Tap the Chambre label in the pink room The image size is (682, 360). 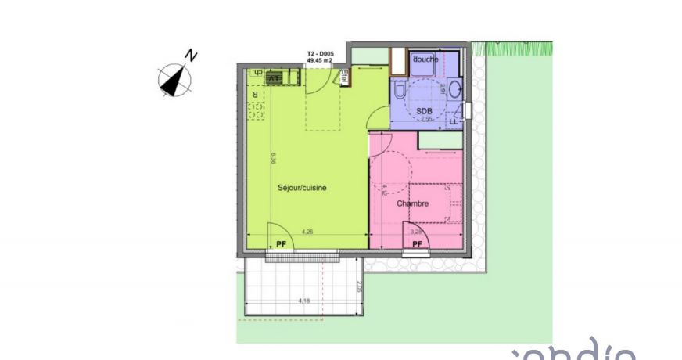pyautogui.click(x=412, y=203)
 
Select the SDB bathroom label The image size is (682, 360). pyautogui.click(x=423, y=110)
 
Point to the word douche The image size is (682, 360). pyautogui.click(x=425, y=59)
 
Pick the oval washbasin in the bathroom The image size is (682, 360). pyautogui.click(x=456, y=92)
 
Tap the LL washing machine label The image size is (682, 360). pyautogui.click(x=453, y=122)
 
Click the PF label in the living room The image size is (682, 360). pyautogui.click(x=281, y=244)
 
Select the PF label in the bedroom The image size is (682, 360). pyautogui.click(x=417, y=244)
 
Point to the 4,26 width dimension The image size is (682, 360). pyautogui.click(x=307, y=232)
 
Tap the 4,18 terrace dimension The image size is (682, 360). pyautogui.click(x=303, y=301)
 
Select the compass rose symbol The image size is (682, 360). pyautogui.click(x=174, y=78)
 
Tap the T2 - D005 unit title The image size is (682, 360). pyautogui.click(x=320, y=54)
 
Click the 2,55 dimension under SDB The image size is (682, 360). pyautogui.click(x=426, y=120)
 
